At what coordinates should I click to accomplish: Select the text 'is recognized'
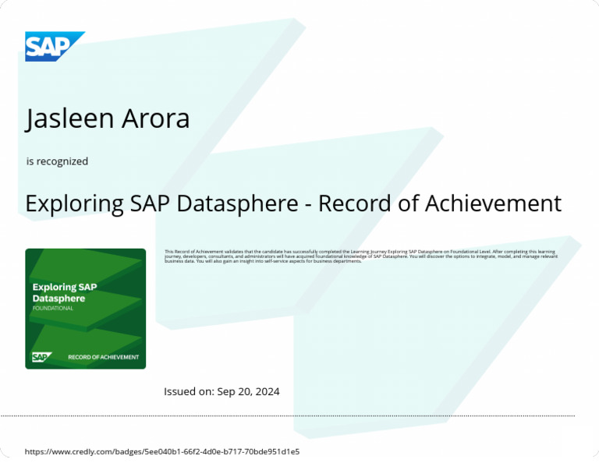[57, 161]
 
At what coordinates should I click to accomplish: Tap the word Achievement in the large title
[493, 203]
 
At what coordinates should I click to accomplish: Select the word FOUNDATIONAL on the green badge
[53, 308]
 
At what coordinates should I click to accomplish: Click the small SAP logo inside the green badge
[41, 357]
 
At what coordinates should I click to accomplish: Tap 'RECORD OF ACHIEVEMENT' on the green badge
[103, 358]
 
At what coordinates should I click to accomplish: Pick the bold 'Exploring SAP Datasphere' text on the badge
[65, 292]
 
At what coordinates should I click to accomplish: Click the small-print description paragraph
[361, 256]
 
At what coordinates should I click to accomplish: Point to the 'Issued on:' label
[189, 391]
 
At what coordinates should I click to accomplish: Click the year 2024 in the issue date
[266, 391]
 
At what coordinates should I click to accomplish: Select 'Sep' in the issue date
[226, 391]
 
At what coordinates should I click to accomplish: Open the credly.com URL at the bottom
[162, 451]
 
